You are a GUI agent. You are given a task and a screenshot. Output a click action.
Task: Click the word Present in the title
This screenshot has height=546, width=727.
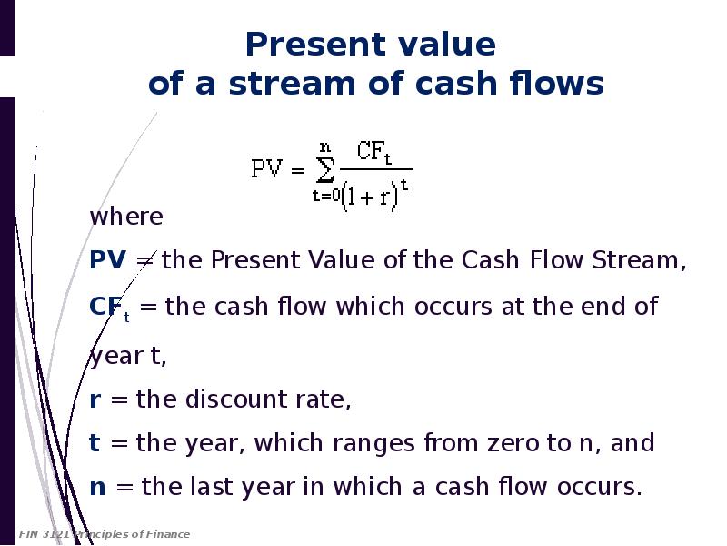pyautogui.click(x=314, y=45)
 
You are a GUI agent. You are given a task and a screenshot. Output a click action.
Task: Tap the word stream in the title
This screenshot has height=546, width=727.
pyautogui.click(x=293, y=84)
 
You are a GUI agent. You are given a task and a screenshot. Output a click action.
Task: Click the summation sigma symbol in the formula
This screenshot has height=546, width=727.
pyautogui.click(x=324, y=170)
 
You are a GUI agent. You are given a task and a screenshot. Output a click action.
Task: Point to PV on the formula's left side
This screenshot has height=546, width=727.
pyautogui.click(x=266, y=168)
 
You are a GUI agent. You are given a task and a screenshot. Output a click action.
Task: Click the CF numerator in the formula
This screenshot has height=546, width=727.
pyautogui.click(x=374, y=152)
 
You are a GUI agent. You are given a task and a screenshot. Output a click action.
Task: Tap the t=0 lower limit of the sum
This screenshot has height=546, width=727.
pyautogui.click(x=326, y=196)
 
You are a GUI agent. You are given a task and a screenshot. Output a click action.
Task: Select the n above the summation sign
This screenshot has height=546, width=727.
pyautogui.click(x=325, y=148)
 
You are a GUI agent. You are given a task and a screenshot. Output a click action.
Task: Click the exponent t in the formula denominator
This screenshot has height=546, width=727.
pyautogui.click(x=404, y=186)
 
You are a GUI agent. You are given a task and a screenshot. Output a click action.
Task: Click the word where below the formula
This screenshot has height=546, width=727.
pyautogui.click(x=126, y=217)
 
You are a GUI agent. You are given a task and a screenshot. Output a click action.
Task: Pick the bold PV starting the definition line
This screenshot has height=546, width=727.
pyautogui.click(x=107, y=259)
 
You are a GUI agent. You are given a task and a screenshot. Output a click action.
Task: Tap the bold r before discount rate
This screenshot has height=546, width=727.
pyautogui.click(x=95, y=399)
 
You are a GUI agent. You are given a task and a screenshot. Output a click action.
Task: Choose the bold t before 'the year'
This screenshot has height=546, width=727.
pyautogui.click(x=95, y=442)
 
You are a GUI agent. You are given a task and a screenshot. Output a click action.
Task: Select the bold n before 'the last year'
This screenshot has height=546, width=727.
pyautogui.click(x=97, y=487)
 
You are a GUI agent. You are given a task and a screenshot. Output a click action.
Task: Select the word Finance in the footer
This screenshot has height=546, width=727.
pyautogui.click(x=167, y=534)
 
